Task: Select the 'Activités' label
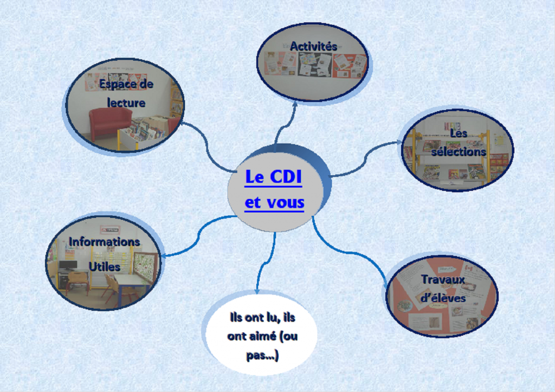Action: point(313,47)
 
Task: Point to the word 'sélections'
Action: point(459,152)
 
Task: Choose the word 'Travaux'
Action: point(443,280)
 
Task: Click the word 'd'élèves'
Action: point(443,298)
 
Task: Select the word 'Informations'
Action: point(104,242)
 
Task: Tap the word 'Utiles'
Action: point(104,267)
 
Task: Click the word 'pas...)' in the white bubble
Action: point(262,356)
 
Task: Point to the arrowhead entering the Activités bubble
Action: point(294,104)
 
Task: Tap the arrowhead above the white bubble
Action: point(257,291)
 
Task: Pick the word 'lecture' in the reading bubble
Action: point(126,102)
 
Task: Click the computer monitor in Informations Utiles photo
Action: point(68,265)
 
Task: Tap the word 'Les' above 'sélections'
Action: point(459,133)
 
